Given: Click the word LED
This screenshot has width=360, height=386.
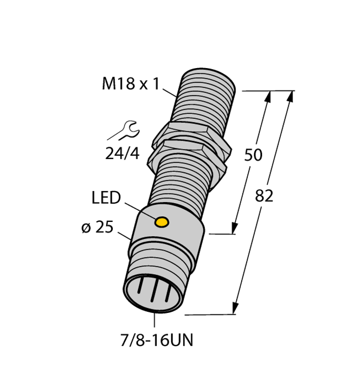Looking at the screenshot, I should tap(106, 198).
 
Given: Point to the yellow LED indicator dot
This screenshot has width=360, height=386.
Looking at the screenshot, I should tap(162, 221).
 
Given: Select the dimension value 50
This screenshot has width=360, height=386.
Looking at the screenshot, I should tap(253, 155).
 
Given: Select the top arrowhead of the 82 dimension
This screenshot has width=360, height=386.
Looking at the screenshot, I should tap(291, 95).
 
